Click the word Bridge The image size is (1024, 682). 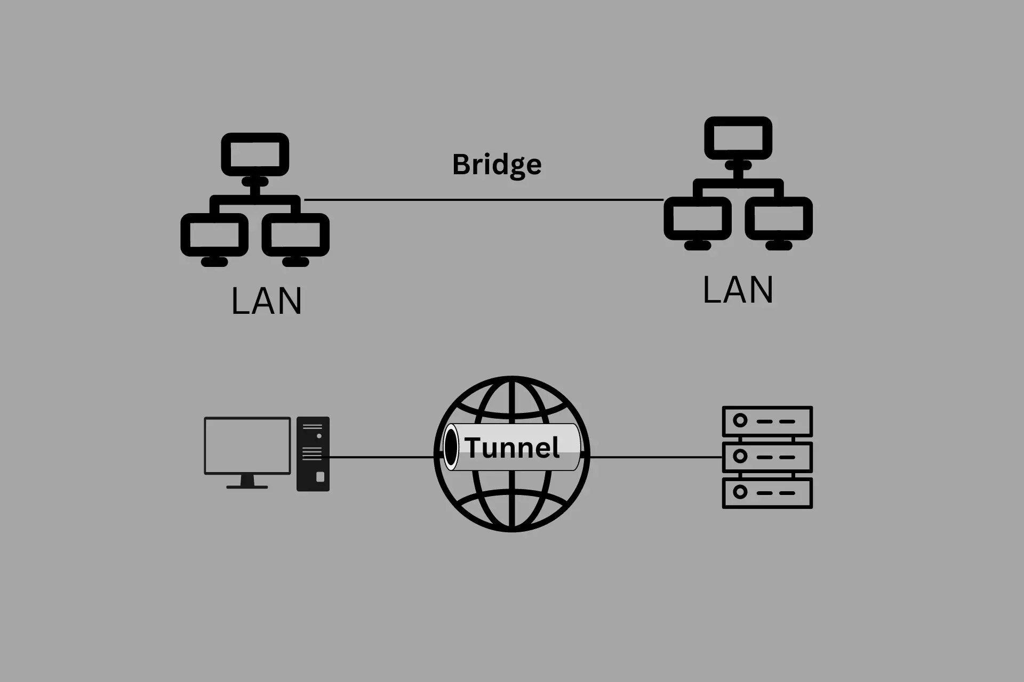click(497, 165)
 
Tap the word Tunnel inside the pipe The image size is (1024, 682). click(512, 448)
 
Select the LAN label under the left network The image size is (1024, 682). click(267, 301)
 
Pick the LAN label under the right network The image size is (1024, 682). click(738, 290)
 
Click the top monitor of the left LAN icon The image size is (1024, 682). click(255, 155)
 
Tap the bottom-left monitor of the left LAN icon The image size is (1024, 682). click(214, 235)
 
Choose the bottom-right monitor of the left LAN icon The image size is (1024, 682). click(295, 235)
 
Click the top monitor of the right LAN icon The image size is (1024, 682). click(738, 138)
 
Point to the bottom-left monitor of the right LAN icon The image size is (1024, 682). click(698, 218)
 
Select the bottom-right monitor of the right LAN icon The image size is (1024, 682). click(779, 218)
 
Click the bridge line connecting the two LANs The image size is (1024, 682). click(483, 200)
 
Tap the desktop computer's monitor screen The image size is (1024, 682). click(247, 445)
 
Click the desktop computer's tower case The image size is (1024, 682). click(313, 454)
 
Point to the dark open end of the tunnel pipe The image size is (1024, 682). click(451, 447)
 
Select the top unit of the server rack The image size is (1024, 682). click(767, 421)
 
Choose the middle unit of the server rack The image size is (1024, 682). click(767, 457)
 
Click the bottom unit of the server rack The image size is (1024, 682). click(767, 493)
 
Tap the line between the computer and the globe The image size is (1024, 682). click(381, 457)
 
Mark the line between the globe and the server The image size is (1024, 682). click(656, 457)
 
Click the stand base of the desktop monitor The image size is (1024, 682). click(247, 486)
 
